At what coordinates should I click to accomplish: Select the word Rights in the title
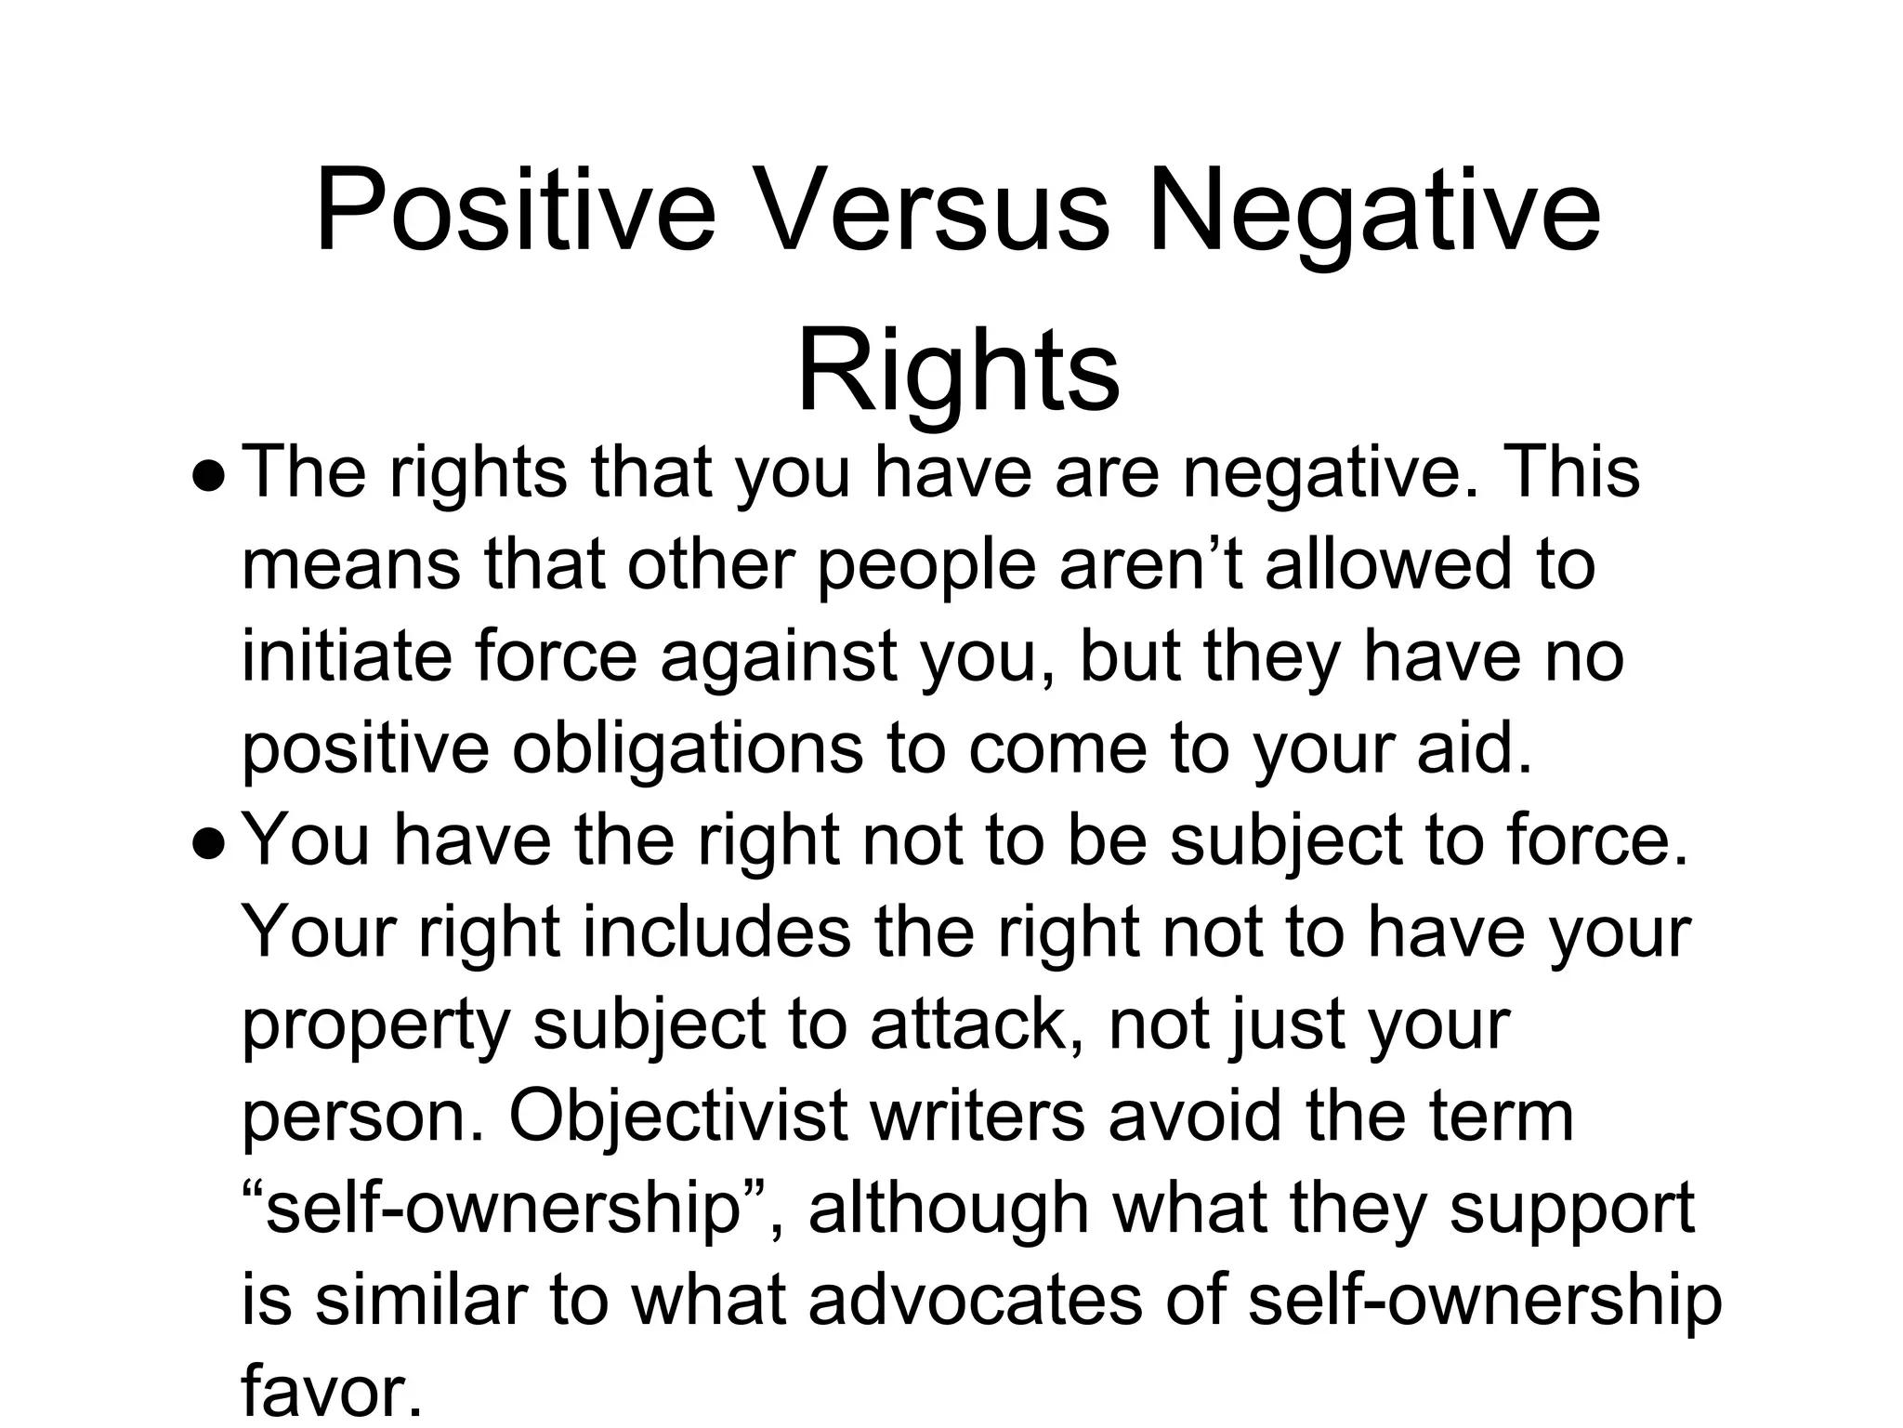[958, 371]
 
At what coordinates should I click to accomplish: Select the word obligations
[688, 747]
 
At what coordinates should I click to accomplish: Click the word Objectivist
[678, 1115]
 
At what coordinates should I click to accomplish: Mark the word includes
[716, 932]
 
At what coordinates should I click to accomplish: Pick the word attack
[976, 1024]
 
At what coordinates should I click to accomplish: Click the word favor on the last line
[325, 1391]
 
